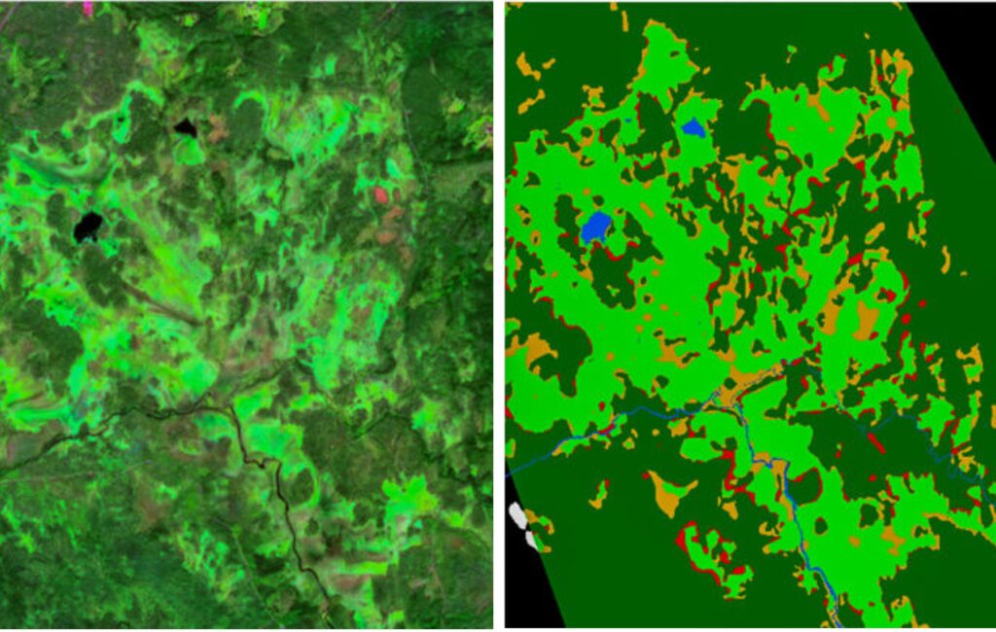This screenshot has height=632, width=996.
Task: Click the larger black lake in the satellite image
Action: tap(88, 228)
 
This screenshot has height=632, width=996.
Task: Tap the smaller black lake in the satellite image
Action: tap(185, 127)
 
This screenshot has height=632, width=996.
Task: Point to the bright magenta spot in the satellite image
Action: tap(88, 7)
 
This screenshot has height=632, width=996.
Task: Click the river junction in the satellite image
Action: tap(231, 408)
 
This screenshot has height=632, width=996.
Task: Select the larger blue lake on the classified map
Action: tap(595, 228)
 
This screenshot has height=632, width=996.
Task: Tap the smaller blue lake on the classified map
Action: tap(693, 126)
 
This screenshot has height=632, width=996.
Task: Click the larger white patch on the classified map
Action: tap(517, 515)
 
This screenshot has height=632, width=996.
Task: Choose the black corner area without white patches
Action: tap(958, 68)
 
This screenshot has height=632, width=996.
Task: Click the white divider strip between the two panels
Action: tap(498, 316)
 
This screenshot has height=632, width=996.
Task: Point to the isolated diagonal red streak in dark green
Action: tap(875, 442)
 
